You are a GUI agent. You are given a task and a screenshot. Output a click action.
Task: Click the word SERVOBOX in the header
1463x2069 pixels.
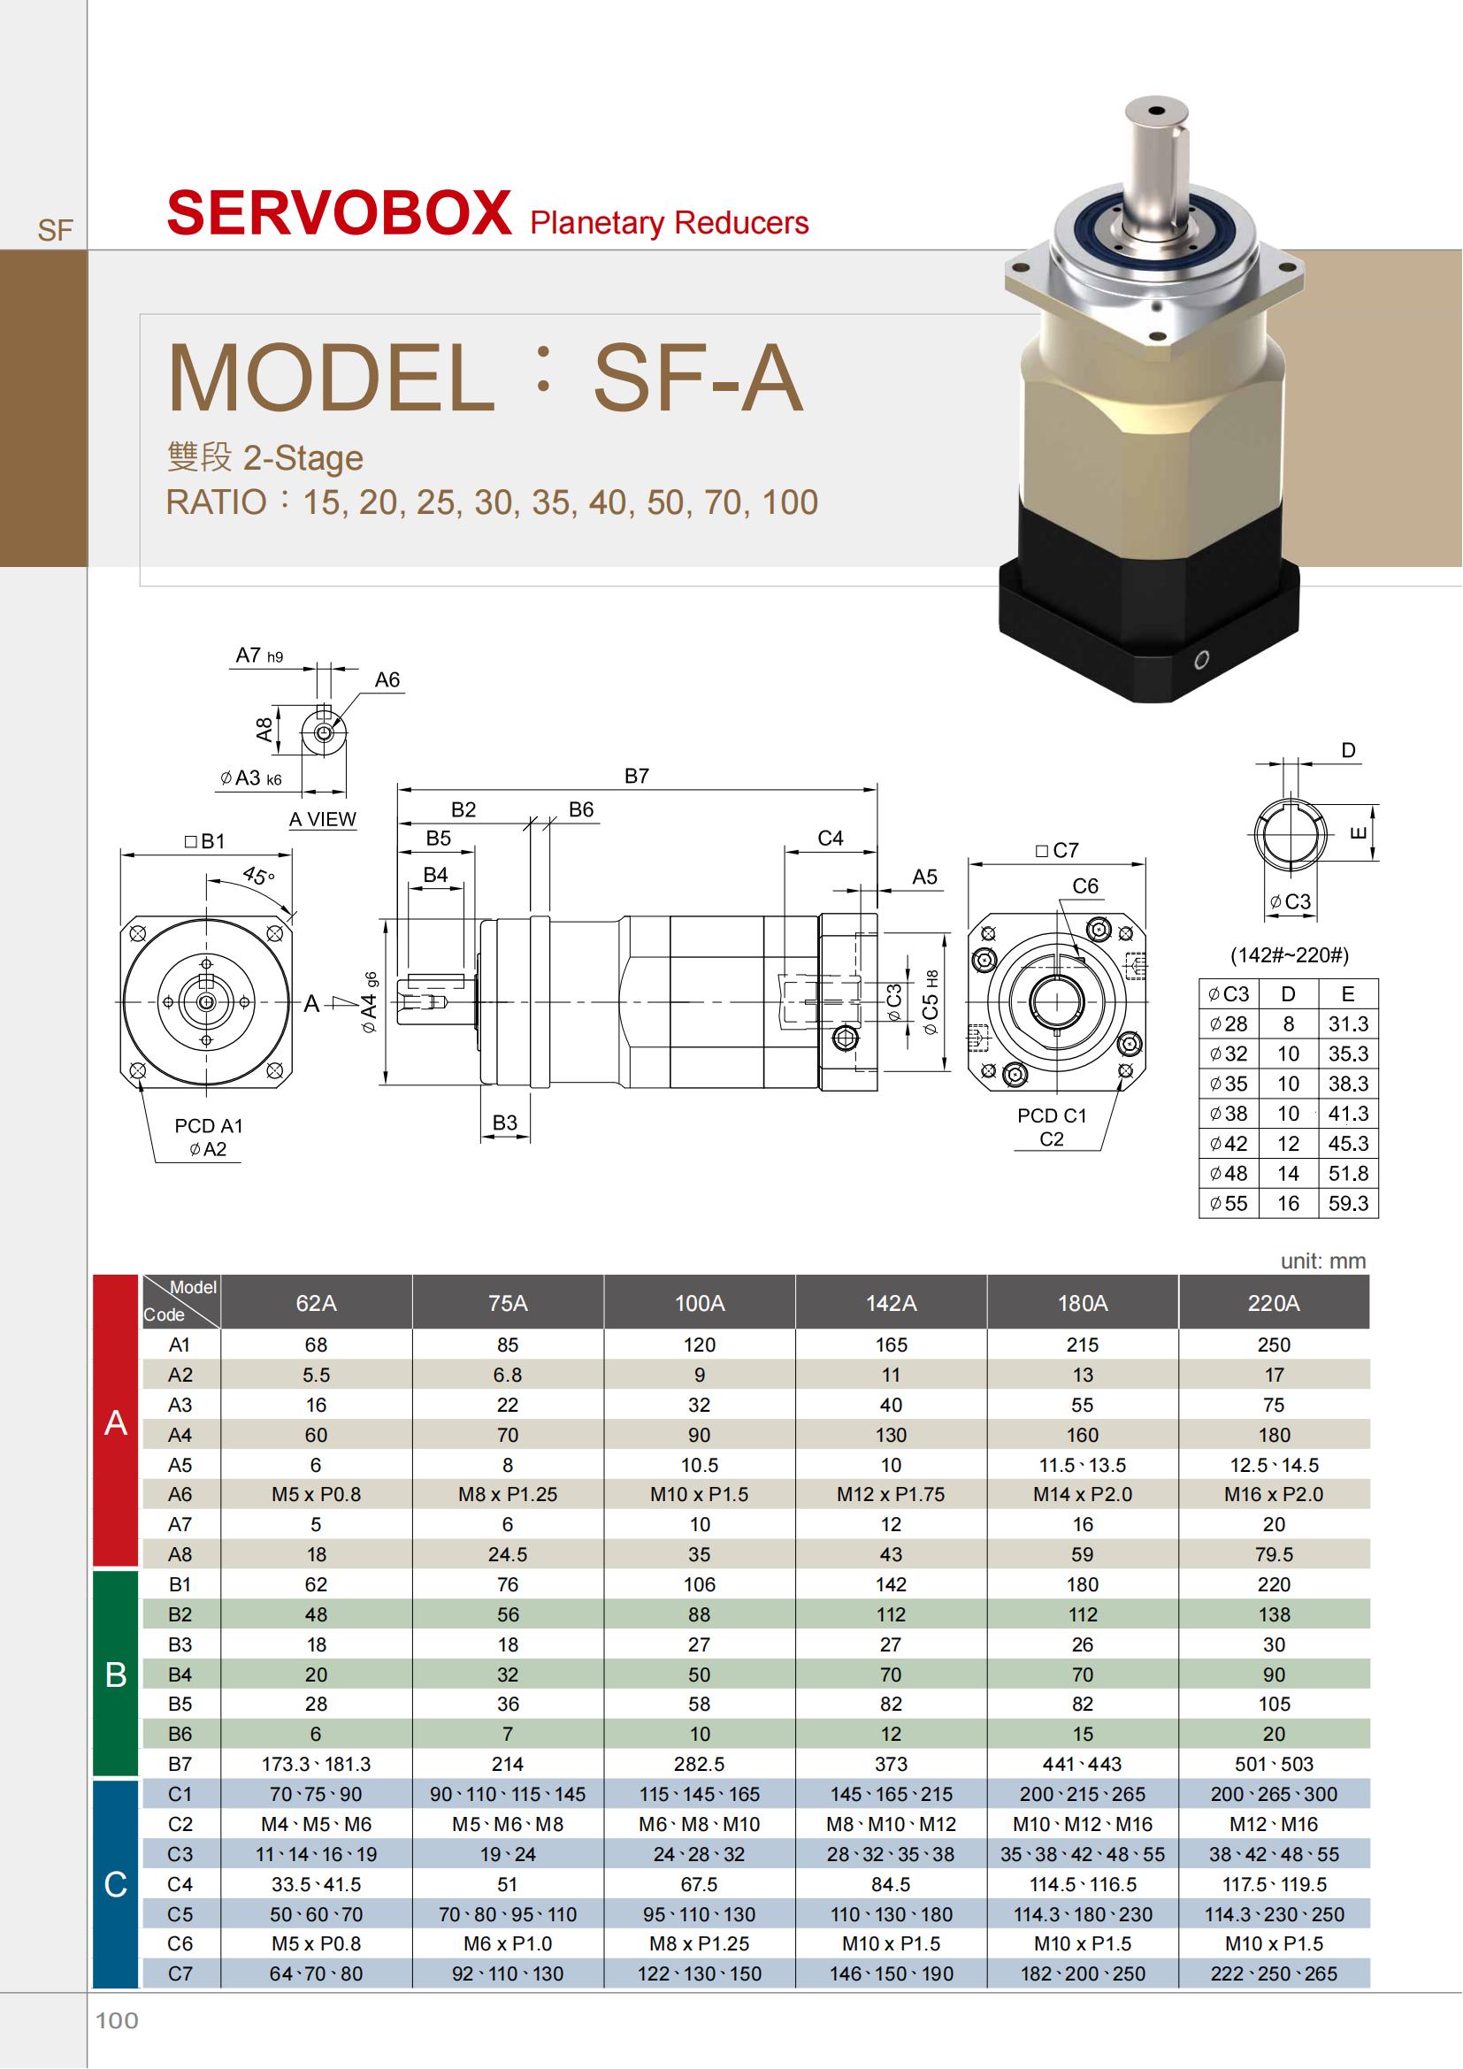click(339, 213)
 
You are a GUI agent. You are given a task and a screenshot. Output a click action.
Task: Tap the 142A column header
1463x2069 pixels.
click(891, 1303)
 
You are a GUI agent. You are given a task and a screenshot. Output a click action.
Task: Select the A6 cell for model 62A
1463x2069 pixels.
click(316, 1494)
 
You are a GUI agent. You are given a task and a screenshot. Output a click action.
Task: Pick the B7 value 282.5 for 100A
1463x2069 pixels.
click(699, 1764)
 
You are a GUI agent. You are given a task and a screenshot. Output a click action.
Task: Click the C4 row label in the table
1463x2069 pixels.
click(180, 1883)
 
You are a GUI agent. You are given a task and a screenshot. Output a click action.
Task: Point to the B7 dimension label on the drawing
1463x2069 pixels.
click(637, 776)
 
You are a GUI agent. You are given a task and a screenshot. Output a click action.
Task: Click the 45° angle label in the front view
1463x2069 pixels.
click(258, 875)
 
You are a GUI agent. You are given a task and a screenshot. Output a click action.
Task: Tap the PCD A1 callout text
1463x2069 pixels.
click(208, 1125)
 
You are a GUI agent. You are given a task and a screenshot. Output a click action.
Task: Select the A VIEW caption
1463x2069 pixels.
click(323, 819)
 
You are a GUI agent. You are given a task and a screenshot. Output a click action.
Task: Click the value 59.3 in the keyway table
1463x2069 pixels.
click(1348, 1203)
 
